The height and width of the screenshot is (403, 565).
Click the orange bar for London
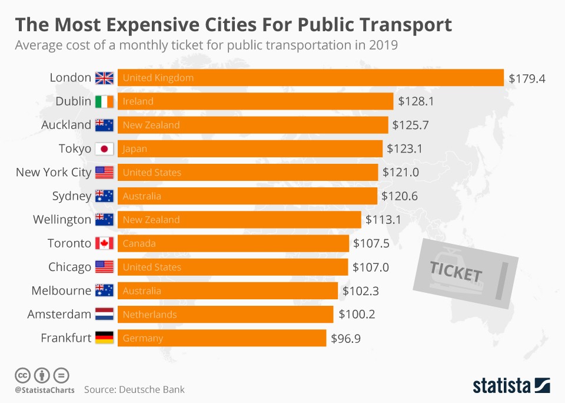click(x=311, y=78)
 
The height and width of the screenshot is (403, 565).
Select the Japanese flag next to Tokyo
click(x=104, y=149)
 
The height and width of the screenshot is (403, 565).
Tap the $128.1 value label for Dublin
click(x=416, y=101)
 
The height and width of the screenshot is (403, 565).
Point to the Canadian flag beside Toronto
click(x=104, y=243)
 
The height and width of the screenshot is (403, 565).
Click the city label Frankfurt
click(x=66, y=338)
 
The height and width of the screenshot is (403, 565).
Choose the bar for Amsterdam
click(x=225, y=315)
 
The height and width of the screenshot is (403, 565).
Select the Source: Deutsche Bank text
click(x=134, y=389)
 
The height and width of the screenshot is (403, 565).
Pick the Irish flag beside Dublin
click(x=104, y=101)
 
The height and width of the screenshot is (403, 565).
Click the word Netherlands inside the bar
click(x=149, y=315)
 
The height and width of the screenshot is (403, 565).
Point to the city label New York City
click(x=54, y=173)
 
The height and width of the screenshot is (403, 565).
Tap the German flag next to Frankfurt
click(x=104, y=338)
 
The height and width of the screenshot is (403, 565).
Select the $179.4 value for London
click(x=527, y=78)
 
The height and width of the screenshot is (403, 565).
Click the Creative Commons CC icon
click(x=22, y=375)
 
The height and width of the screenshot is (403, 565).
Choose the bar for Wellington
click(x=239, y=220)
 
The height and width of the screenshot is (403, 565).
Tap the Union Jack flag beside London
click(x=104, y=78)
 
